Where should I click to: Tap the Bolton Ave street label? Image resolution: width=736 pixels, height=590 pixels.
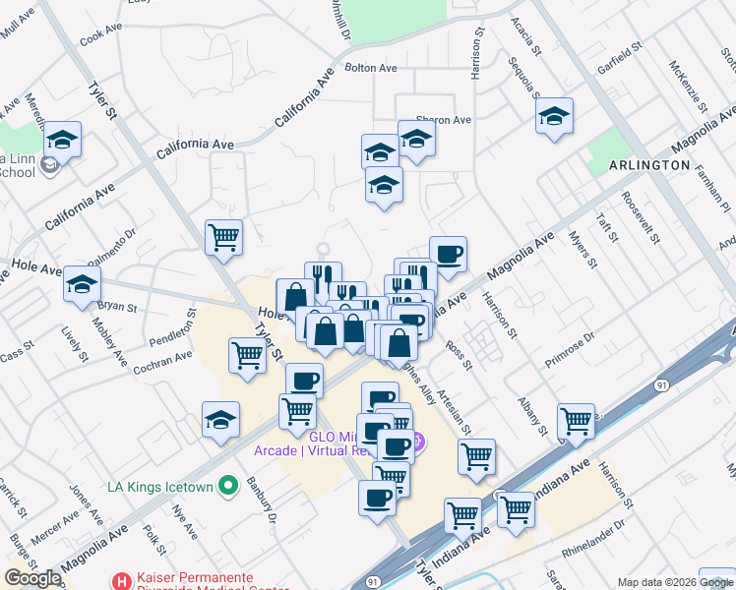coord(370,68)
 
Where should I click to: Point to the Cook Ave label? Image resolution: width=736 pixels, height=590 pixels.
coord(99,35)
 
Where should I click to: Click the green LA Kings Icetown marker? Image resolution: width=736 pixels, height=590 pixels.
coord(229,485)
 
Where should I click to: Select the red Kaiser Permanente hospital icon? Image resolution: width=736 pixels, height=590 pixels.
coord(121,582)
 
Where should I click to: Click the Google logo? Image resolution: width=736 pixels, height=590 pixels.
coord(32,578)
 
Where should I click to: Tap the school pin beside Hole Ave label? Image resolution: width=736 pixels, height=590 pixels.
coord(82,284)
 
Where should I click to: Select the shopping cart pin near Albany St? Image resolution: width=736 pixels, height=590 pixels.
coord(576,421)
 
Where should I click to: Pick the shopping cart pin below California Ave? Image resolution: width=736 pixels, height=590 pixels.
coord(224,236)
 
